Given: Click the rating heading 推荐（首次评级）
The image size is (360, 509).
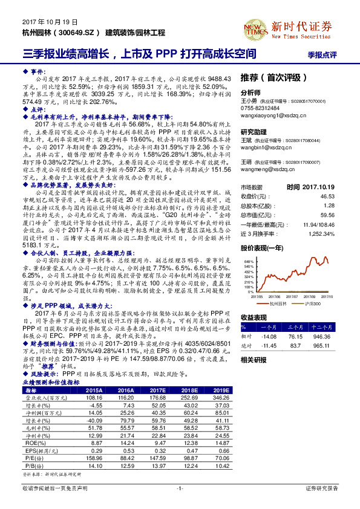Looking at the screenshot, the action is tap(269, 78).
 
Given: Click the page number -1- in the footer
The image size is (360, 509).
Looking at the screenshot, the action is tap(180, 487).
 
